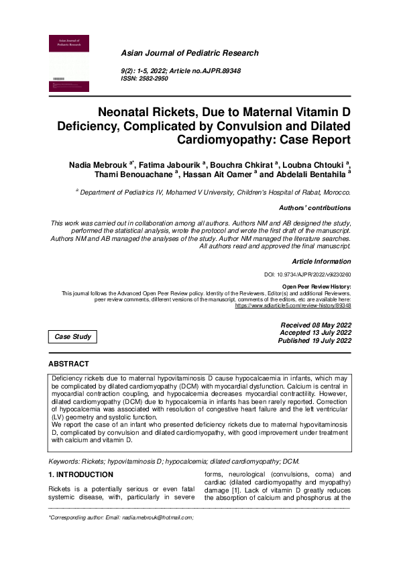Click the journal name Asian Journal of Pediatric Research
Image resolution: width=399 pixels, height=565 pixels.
189,53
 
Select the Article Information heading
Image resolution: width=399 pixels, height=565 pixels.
321,261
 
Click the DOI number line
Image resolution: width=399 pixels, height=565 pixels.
308,275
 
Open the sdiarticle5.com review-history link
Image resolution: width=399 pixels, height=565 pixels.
293,305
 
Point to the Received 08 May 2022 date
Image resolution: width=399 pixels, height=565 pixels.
315,325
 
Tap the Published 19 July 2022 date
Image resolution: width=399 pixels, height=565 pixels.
315,341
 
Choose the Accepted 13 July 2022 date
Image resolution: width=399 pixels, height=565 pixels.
315,333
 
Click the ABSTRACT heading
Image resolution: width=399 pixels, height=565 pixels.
68,364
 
